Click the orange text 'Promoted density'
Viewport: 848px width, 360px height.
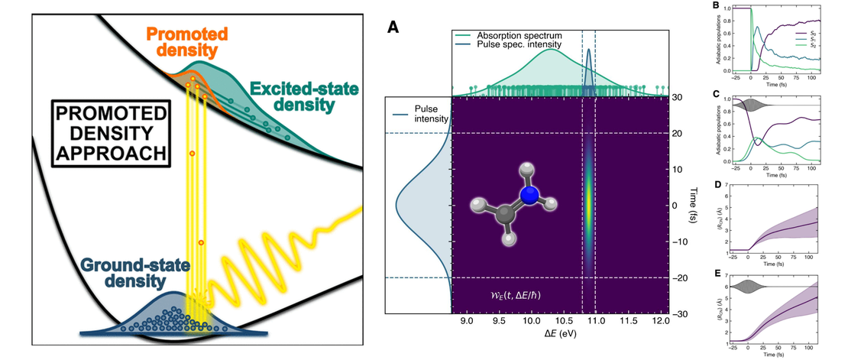pyautogui.click(x=181, y=42)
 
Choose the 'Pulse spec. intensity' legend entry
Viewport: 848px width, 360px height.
pyautogui.click(x=520, y=44)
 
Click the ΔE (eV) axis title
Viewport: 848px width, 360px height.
pyautogui.click(x=561, y=337)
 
